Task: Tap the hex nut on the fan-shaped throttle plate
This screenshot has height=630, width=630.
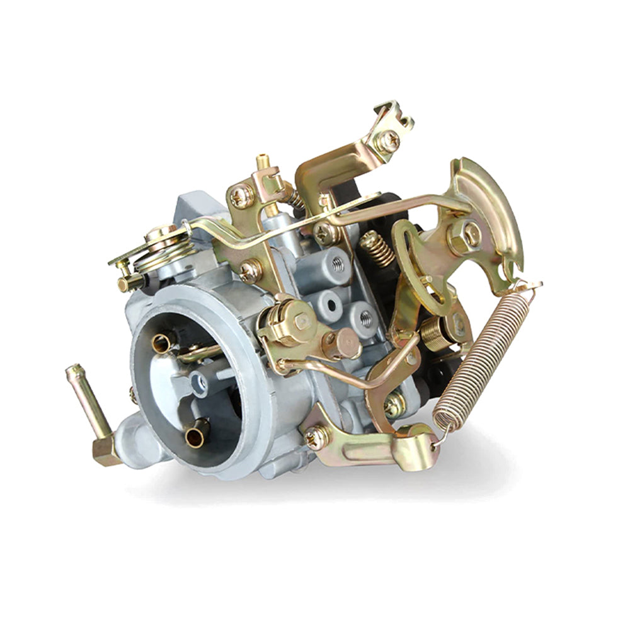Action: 464,234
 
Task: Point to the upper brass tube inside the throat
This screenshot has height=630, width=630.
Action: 162,343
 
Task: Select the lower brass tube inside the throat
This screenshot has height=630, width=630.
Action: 197,434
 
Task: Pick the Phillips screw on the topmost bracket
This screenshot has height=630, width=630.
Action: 387,141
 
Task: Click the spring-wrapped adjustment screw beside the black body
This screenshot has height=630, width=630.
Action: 377,247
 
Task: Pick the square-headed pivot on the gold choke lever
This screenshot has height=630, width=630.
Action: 301,321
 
